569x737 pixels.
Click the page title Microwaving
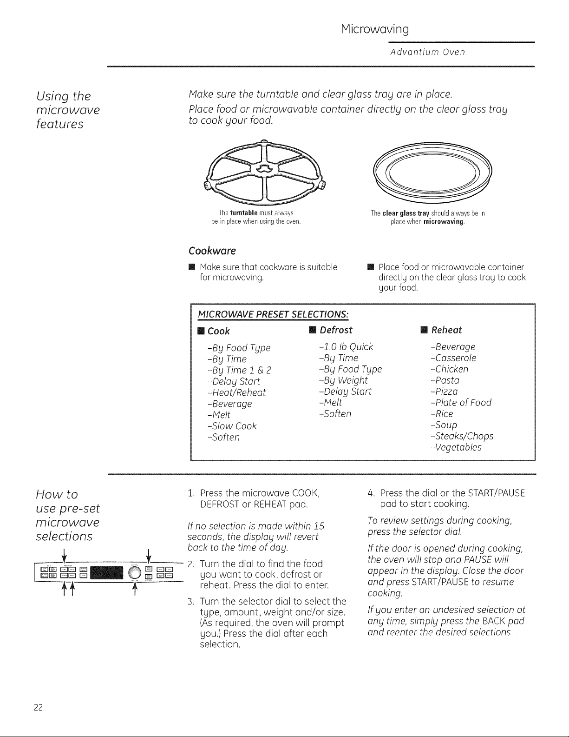375,30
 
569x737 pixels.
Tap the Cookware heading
212,251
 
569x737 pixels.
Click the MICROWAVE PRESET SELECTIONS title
273,313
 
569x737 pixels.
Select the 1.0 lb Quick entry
346,347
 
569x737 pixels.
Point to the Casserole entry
453,358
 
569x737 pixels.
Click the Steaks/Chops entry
462,436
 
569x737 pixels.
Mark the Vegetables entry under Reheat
456,447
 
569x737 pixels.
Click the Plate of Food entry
461,403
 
